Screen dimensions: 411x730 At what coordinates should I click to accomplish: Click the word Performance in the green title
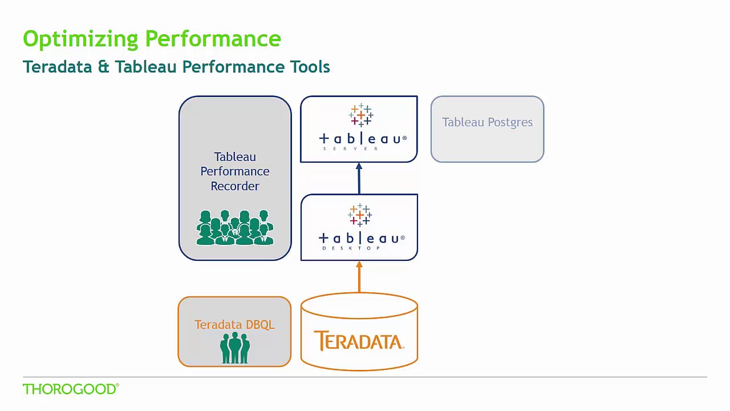coord(213,39)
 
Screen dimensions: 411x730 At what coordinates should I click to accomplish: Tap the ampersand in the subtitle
coord(103,67)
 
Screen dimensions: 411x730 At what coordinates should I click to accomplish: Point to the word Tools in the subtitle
coord(310,67)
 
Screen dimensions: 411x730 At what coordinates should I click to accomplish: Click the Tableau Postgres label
coord(487,122)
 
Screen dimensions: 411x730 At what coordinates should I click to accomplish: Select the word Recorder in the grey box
coord(235,186)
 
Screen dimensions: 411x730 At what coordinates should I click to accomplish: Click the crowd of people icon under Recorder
coord(235,228)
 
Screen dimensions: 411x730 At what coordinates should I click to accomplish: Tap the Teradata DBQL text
coord(234,324)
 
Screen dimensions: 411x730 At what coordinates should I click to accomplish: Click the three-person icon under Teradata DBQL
coord(235,348)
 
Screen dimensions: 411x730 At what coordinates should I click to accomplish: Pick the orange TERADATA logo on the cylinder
coord(359,341)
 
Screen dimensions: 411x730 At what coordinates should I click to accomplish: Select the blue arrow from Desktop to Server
coord(359,178)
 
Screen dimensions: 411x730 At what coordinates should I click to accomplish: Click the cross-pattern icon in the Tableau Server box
coord(361,115)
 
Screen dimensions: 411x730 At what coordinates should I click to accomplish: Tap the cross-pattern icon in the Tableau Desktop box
coord(360,215)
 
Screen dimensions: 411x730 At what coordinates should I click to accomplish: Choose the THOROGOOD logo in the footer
coord(71,389)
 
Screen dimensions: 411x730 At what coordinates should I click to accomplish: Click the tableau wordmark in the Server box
coord(362,138)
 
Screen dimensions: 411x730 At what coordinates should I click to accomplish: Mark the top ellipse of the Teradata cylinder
coord(359,305)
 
